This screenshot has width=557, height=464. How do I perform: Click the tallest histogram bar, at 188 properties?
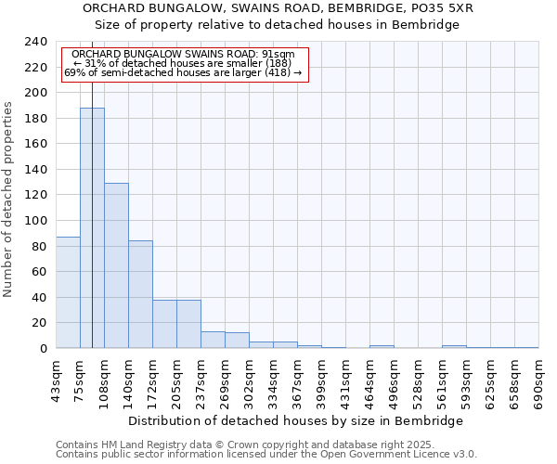tap(92, 227)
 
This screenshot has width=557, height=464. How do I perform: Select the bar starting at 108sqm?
tap(116, 265)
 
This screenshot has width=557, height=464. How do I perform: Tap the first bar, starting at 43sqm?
tap(68, 292)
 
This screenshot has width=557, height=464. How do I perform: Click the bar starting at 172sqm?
tap(164, 324)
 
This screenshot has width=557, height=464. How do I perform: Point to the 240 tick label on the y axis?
tap(35, 42)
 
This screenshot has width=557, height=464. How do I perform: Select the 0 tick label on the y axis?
tap(43, 349)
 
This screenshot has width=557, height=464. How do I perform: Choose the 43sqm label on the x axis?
tap(57, 381)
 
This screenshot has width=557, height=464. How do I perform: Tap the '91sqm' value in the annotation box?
tap(278, 54)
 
